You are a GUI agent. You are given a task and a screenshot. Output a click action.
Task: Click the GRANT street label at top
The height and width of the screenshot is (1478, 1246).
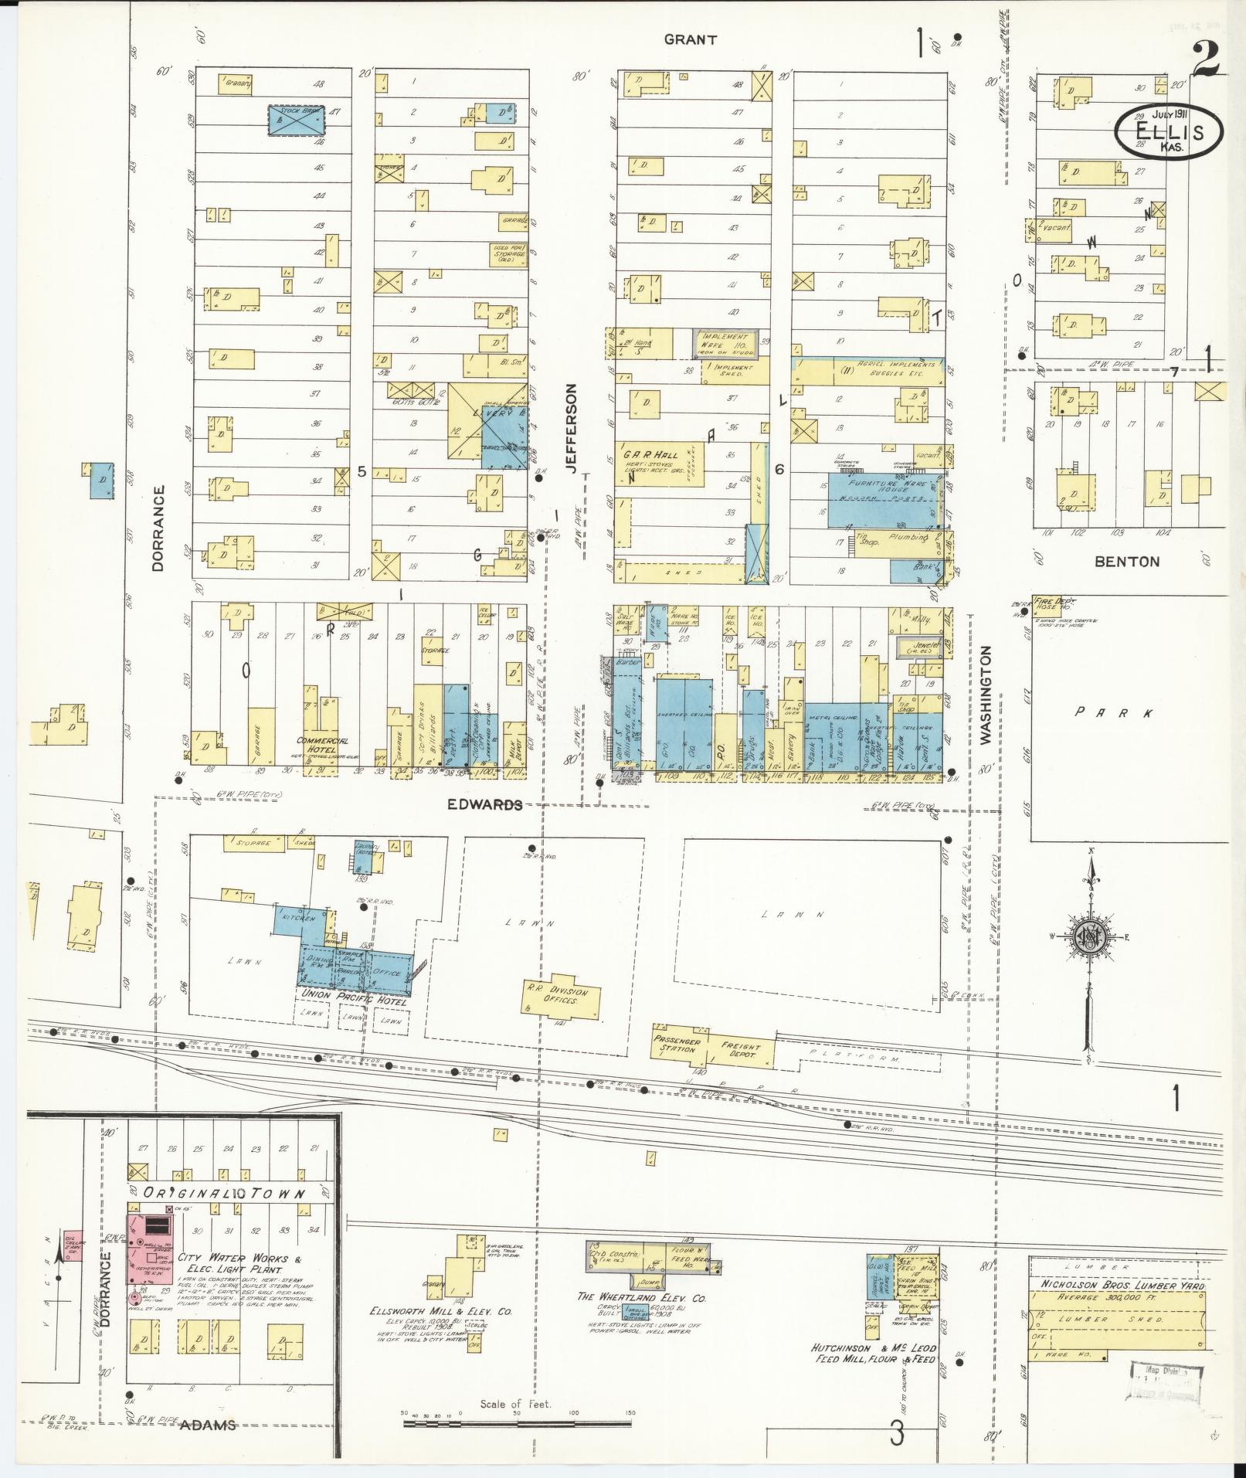[x=690, y=40]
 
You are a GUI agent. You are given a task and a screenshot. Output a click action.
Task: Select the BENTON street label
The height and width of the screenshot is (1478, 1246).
[x=1127, y=562]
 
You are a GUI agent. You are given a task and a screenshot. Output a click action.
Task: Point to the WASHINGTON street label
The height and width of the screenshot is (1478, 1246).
[x=986, y=696]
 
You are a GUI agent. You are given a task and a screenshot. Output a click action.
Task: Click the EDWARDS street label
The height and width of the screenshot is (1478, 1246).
[x=485, y=804]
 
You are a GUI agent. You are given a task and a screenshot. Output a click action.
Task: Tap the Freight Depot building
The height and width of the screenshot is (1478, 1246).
[x=741, y=1052]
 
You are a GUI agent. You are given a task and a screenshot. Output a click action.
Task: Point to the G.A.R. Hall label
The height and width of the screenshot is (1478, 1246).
[x=640, y=457]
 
